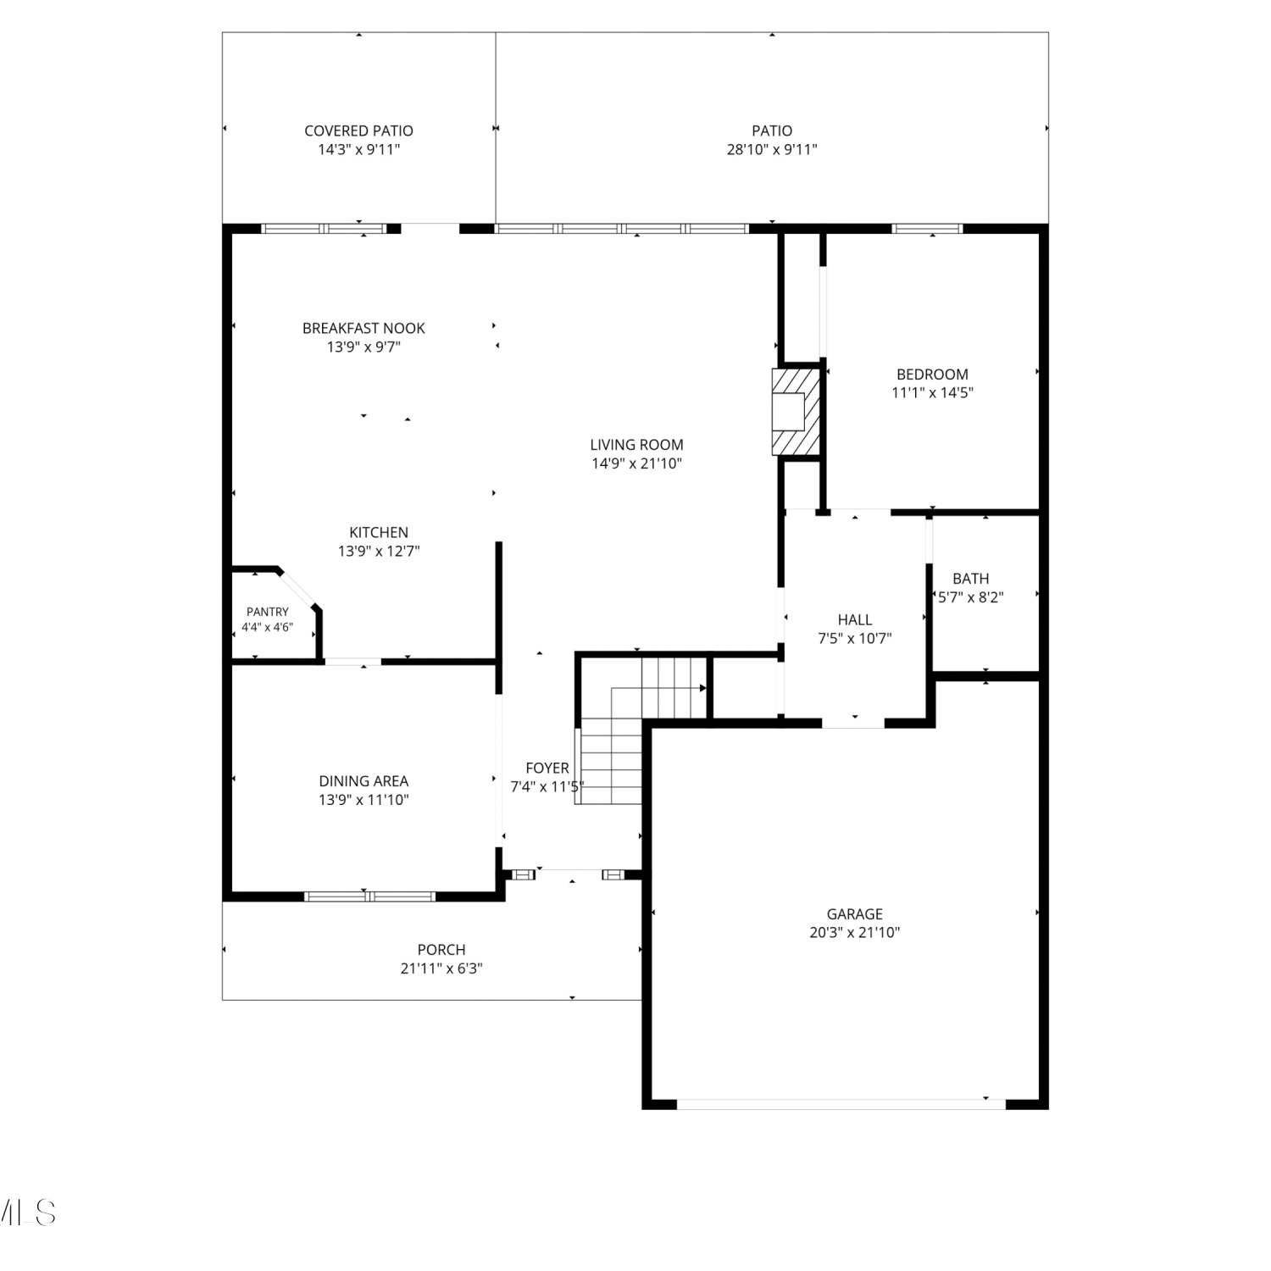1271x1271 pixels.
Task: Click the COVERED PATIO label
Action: click(x=358, y=130)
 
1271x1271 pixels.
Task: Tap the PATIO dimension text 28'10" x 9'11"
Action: click(x=772, y=150)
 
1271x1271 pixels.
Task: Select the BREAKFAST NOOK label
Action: click(x=364, y=328)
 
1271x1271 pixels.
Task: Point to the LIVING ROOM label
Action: click(x=636, y=444)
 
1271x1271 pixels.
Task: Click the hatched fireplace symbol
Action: click(x=796, y=412)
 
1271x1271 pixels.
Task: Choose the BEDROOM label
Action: click(x=932, y=374)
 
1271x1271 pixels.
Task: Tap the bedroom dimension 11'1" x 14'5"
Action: click(x=932, y=392)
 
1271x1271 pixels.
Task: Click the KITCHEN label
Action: click(x=379, y=532)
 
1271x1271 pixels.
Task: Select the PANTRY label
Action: click(x=268, y=612)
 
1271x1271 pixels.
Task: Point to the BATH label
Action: click(x=970, y=579)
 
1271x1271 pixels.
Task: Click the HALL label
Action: click(x=854, y=619)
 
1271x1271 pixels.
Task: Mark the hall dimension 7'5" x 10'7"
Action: click(x=854, y=639)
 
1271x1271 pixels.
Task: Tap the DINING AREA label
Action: click(x=364, y=780)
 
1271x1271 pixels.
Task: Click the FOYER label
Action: click(x=547, y=768)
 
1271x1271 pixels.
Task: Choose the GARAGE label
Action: click(x=854, y=913)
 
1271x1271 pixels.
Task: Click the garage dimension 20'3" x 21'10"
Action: click(x=854, y=933)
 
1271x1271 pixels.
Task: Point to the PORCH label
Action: click(x=441, y=950)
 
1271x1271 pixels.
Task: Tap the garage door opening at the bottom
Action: click(x=841, y=1104)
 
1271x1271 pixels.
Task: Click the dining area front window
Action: click(x=370, y=896)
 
